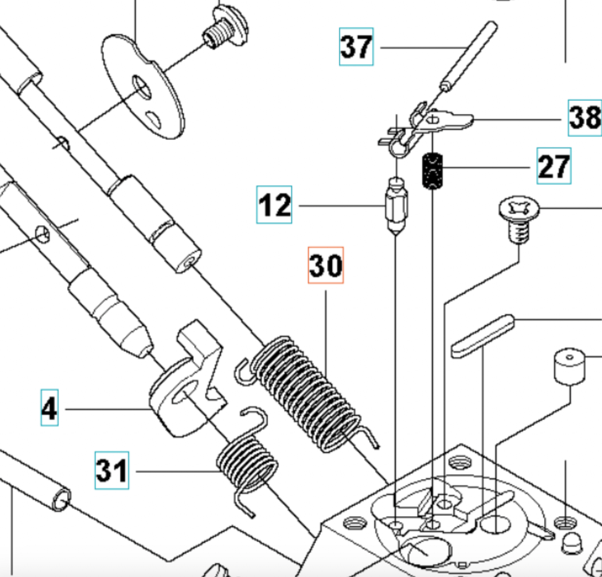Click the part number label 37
point(356,46)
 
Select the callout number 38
point(585,118)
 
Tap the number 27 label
point(554,166)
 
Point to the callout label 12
point(274,205)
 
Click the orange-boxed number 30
point(326,265)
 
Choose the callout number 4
point(49,408)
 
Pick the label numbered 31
point(112,470)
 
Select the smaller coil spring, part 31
point(247,460)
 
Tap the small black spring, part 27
point(432,171)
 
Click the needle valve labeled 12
point(396,206)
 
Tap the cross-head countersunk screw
point(519,218)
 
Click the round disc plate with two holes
point(142,86)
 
